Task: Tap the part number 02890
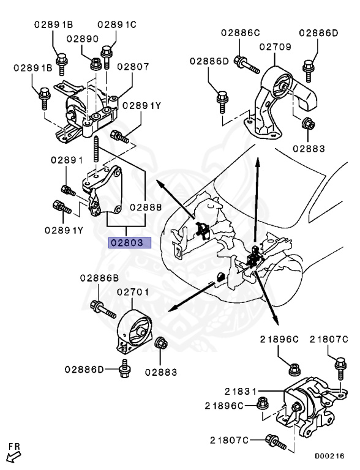click(x=83, y=39)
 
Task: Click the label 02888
click(x=145, y=207)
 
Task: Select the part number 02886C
click(x=241, y=31)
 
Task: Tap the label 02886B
click(x=99, y=277)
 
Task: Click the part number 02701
click(x=133, y=293)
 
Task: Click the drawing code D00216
click(x=329, y=456)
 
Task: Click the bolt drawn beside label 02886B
click(x=102, y=310)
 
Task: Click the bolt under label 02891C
click(x=108, y=56)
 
